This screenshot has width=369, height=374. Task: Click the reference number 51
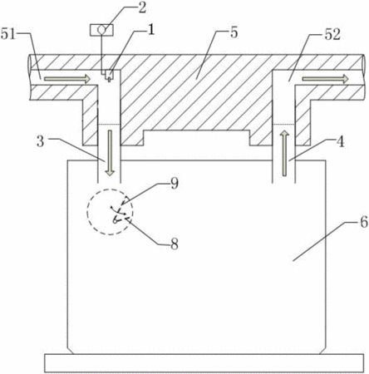[x=8, y=34]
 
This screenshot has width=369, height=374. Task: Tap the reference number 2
[x=142, y=8]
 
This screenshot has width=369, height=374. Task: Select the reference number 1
[x=150, y=30]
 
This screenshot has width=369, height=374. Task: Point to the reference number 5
[x=234, y=32]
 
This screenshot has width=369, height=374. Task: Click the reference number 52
[x=332, y=35]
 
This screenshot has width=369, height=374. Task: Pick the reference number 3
[x=41, y=141]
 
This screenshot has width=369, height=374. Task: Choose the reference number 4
[x=340, y=142]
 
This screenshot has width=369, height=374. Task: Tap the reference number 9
[x=175, y=184]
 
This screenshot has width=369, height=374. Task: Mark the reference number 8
[x=175, y=244]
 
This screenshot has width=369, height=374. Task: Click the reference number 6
[x=364, y=222]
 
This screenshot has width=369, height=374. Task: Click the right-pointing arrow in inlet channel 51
[x=67, y=79]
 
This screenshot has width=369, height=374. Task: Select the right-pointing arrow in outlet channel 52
[x=325, y=79]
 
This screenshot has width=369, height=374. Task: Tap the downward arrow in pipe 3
[x=111, y=153]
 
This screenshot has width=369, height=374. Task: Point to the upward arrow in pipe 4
[x=284, y=153]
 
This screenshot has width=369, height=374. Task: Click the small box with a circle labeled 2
[x=101, y=30]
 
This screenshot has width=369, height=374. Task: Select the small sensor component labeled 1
[x=109, y=76]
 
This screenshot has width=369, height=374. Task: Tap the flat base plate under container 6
[x=204, y=363]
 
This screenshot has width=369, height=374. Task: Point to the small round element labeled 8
[x=115, y=220]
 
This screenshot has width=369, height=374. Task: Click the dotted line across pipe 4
[x=283, y=125]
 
